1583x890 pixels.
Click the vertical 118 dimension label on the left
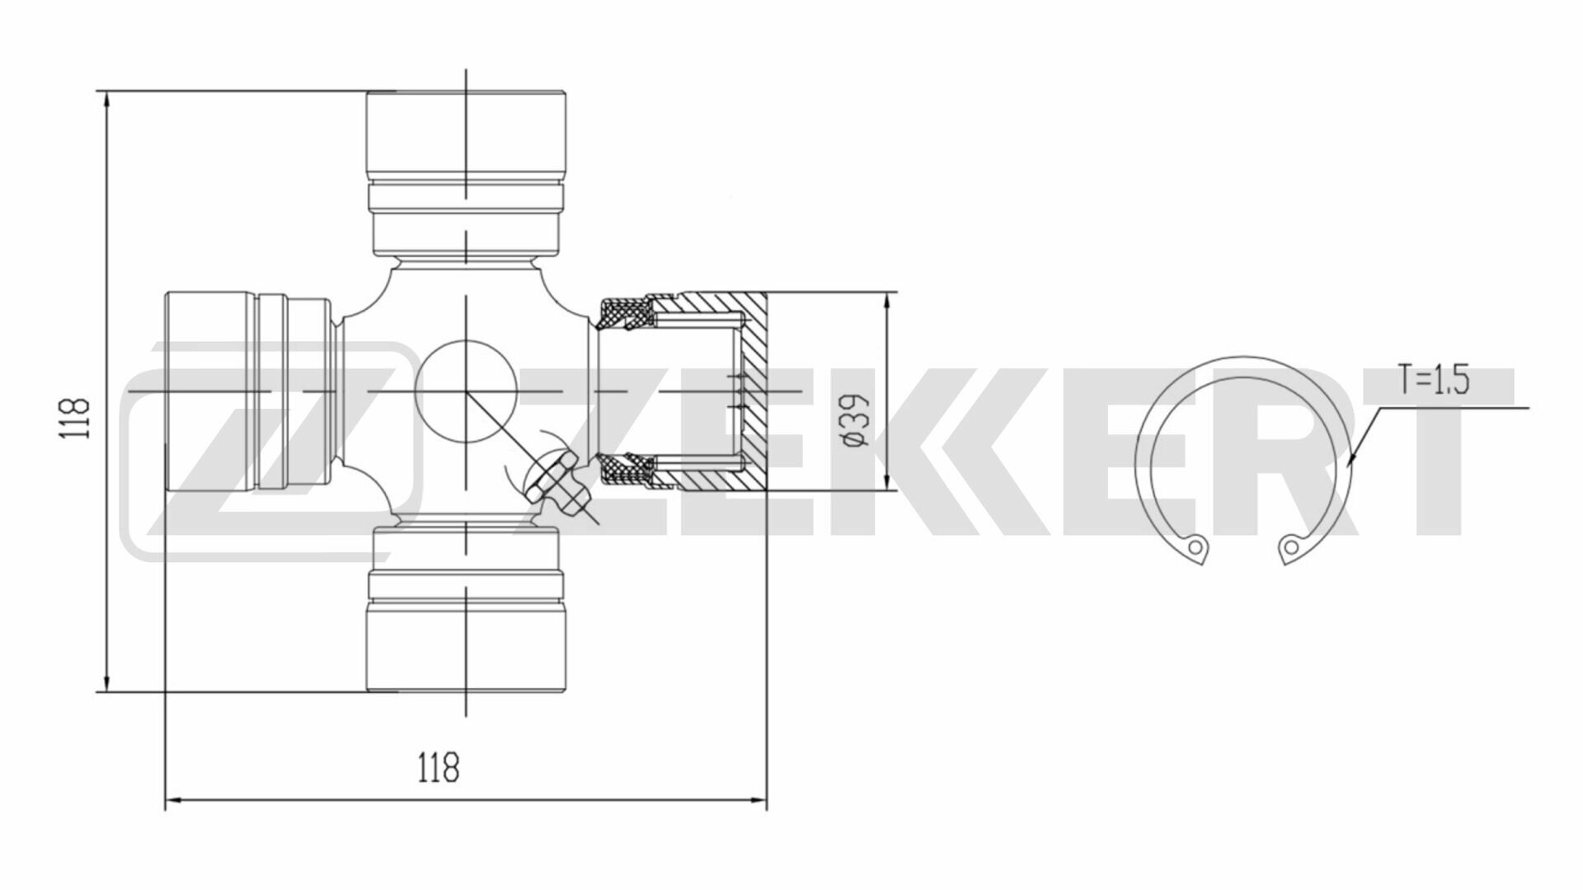coord(75,418)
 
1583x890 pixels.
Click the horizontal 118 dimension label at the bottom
coord(438,768)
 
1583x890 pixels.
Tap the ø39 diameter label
coord(857,419)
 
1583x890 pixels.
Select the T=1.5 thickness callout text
coord(1434,381)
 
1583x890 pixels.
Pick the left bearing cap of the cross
coord(210,391)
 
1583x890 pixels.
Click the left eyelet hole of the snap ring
coord(1194,546)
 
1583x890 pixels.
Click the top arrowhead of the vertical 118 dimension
coord(106,100)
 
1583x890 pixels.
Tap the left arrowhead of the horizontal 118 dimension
coord(174,799)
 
